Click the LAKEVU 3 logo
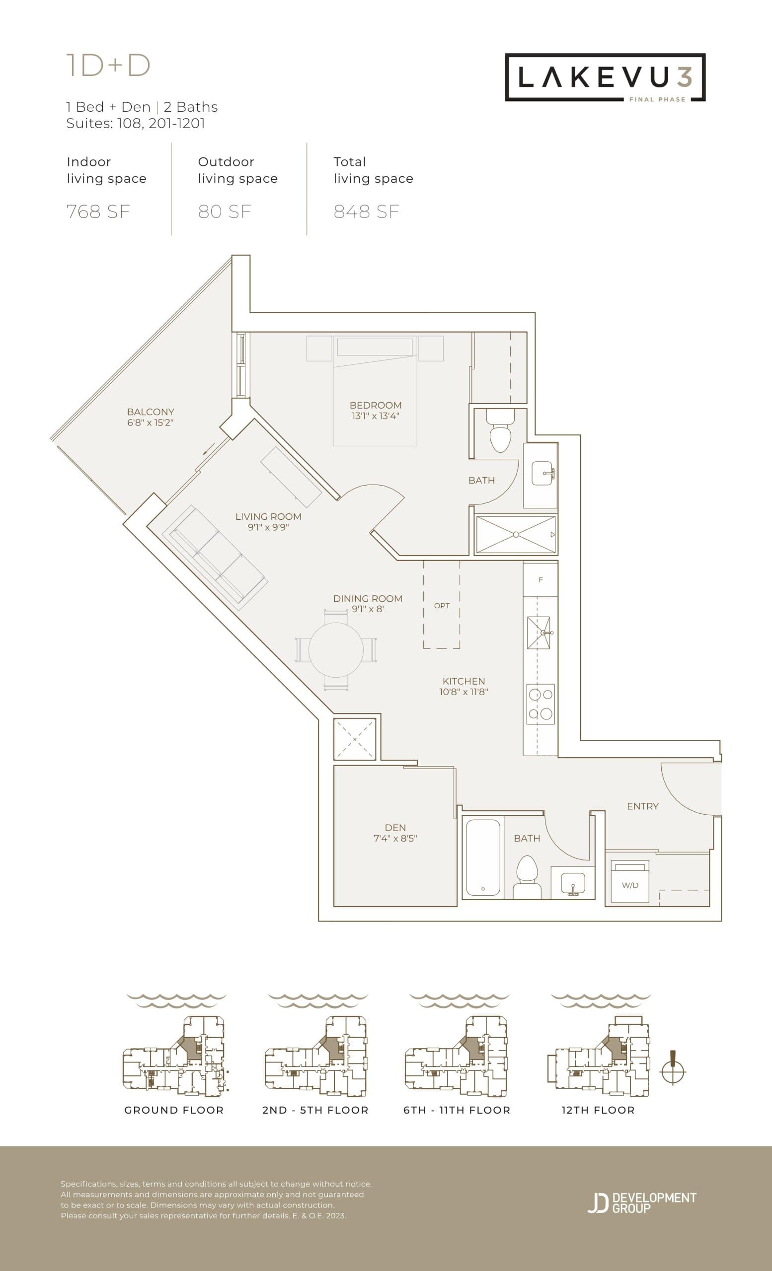coord(605,77)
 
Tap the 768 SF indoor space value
coord(98,212)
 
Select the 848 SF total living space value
coord(367,212)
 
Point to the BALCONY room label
coord(150,412)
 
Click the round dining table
coord(336,650)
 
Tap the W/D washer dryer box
coord(629,885)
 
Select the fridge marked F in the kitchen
coord(540,579)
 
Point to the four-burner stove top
coord(540,704)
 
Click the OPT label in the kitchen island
coord(442,606)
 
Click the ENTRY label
coord(642,806)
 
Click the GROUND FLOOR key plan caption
coord(174,1110)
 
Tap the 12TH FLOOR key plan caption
coord(598,1110)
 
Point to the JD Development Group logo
coord(642,1202)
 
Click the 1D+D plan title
coord(108,66)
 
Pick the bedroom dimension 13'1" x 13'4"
coord(375,416)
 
